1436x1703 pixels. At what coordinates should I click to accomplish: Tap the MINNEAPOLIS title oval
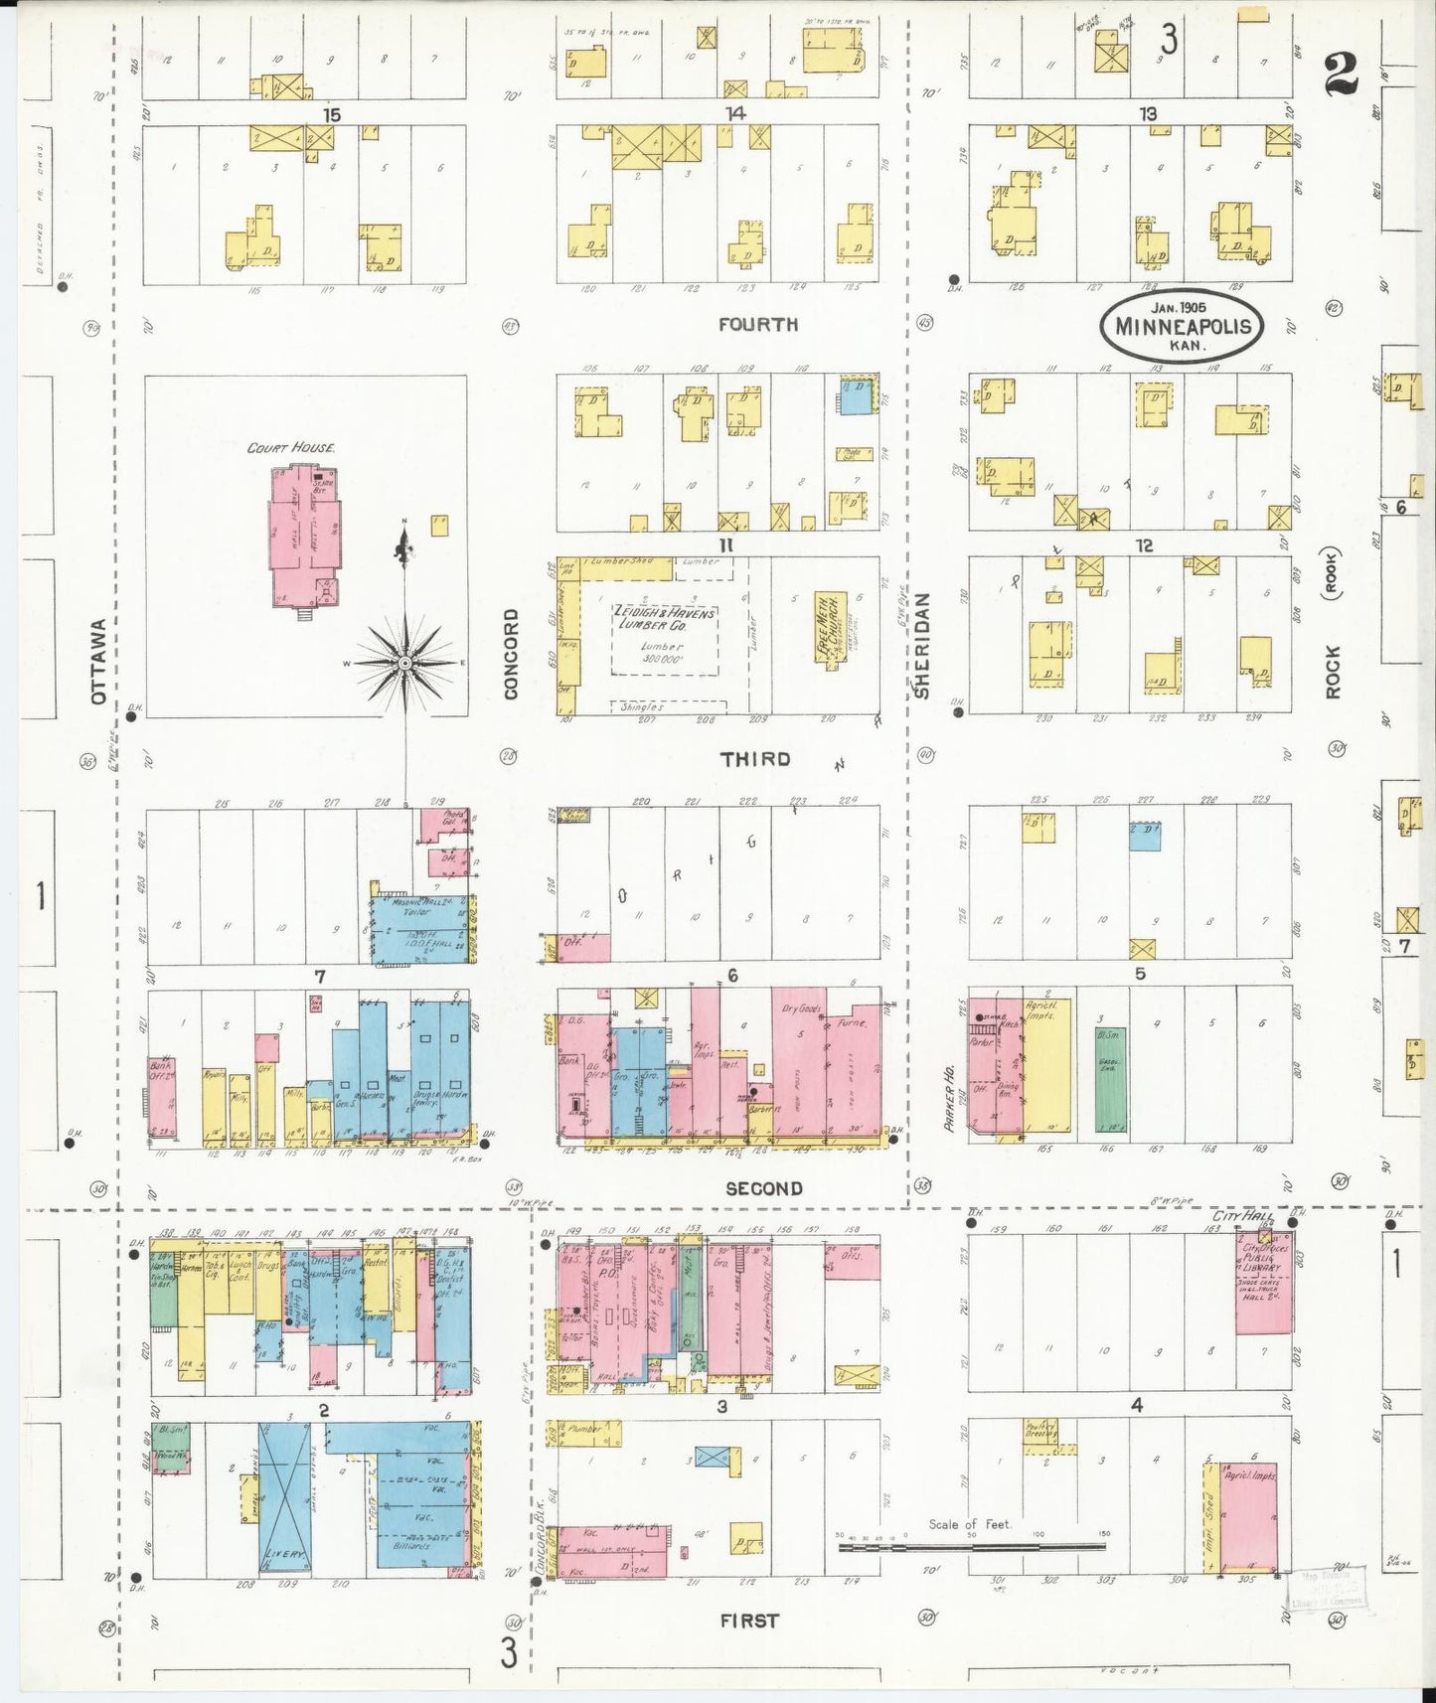tap(1181, 325)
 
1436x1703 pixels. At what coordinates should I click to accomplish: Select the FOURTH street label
tap(758, 324)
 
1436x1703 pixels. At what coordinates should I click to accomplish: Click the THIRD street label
tap(756, 759)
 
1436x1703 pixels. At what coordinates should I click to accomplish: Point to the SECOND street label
tap(763, 1188)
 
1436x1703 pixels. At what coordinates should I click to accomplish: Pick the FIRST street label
tap(749, 1621)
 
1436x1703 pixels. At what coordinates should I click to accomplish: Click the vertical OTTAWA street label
tap(97, 662)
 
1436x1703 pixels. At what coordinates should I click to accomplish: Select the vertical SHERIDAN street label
tap(921, 646)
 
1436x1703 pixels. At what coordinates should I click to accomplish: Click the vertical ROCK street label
tap(1332, 672)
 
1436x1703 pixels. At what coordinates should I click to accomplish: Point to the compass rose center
tap(405, 662)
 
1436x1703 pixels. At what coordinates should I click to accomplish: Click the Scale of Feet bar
tap(973, 1547)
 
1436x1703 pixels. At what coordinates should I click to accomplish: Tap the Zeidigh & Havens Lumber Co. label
tap(664, 619)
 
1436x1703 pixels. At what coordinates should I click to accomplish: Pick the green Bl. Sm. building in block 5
tap(1110, 1080)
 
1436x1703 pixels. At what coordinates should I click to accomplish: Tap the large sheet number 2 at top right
tap(1342, 73)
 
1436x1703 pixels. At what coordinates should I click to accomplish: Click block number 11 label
tap(726, 544)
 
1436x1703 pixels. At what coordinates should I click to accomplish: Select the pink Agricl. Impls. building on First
tap(1247, 1515)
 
